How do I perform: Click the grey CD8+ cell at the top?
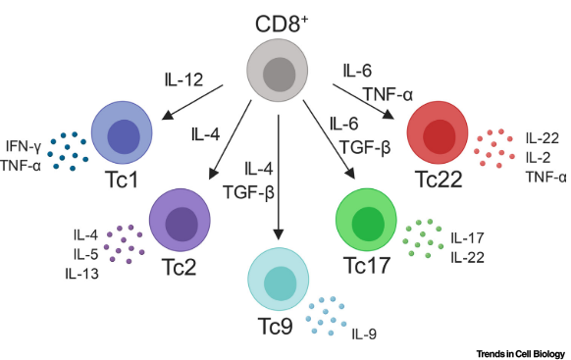tap(281, 74)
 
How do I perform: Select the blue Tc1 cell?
tap(125, 136)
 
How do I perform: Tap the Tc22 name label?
tap(438, 182)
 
